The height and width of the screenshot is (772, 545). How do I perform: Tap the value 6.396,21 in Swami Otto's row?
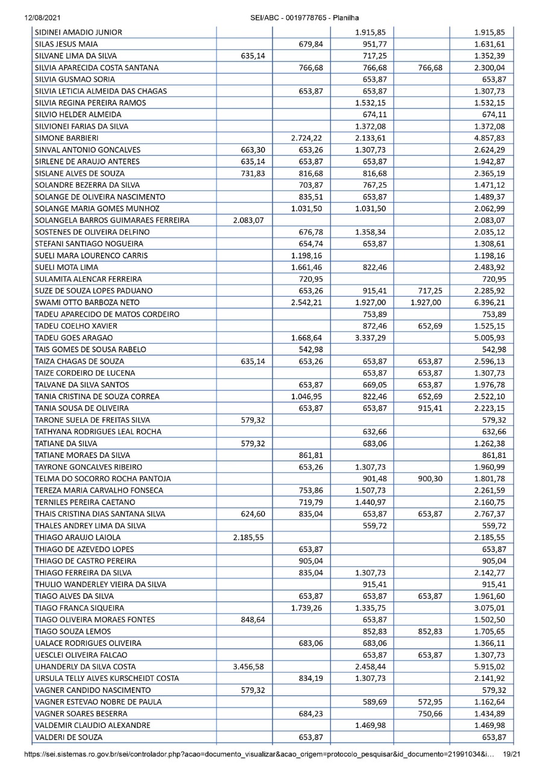[x=490, y=302]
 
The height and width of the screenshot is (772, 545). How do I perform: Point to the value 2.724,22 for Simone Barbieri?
[x=307, y=138]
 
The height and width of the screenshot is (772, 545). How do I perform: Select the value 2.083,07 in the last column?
[x=490, y=220]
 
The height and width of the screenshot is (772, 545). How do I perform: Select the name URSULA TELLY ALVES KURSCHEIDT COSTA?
[x=99, y=679]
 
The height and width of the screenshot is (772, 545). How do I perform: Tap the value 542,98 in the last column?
[x=493, y=349]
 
